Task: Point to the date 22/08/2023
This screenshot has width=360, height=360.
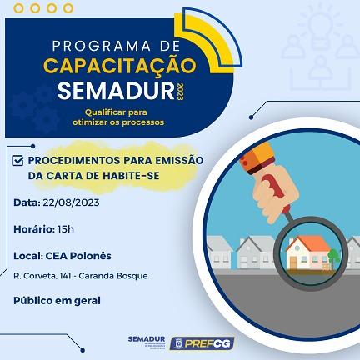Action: pyautogui.click(x=71, y=202)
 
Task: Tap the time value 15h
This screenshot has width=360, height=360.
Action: pyautogui.click(x=65, y=228)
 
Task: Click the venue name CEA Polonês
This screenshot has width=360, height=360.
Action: pyautogui.click(x=78, y=255)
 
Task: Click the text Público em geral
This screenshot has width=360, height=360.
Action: pyautogui.click(x=57, y=300)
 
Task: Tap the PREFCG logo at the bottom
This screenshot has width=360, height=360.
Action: pyautogui.click(x=198, y=342)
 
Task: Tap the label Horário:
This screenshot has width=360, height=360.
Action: pyautogui.click(x=34, y=228)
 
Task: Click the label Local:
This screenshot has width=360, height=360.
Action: pyautogui.click(x=28, y=255)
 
